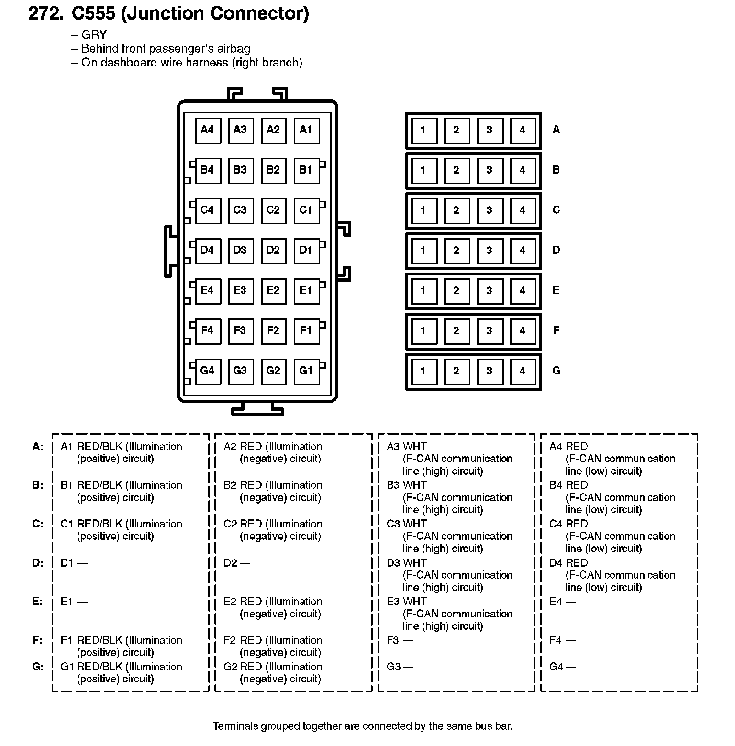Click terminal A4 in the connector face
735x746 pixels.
pyautogui.click(x=207, y=130)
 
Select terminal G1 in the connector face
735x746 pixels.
pyautogui.click(x=306, y=371)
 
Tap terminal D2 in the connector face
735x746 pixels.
pyautogui.click(x=273, y=250)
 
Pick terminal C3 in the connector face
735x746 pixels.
pyautogui.click(x=240, y=210)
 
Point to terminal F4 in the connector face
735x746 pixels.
pyautogui.click(x=207, y=330)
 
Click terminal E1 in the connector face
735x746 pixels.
pyautogui.click(x=306, y=290)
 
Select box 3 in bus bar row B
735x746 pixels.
pyautogui.click(x=489, y=170)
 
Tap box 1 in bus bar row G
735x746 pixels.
pyautogui.click(x=423, y=371)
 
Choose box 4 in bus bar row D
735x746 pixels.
pyautogui.click(x=522, y=251)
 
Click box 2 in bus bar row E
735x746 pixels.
pyautogui.click(x=456, y=291)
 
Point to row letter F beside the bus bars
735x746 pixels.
pyautogui.click(x=556, y=330)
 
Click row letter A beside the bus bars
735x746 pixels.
pyautogui.click(x=556, y=130)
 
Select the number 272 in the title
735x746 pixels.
pyautogui.click(x=45, y=14)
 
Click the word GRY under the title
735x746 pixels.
pyautogui.click(x=94, y=35)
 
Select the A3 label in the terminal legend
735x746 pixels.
pyautogui.click(x=393, y=447)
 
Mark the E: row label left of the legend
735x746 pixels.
pyautogui.click(x=37, y=602)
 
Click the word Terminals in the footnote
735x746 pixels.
pyautogui.click(x=235, y=726)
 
